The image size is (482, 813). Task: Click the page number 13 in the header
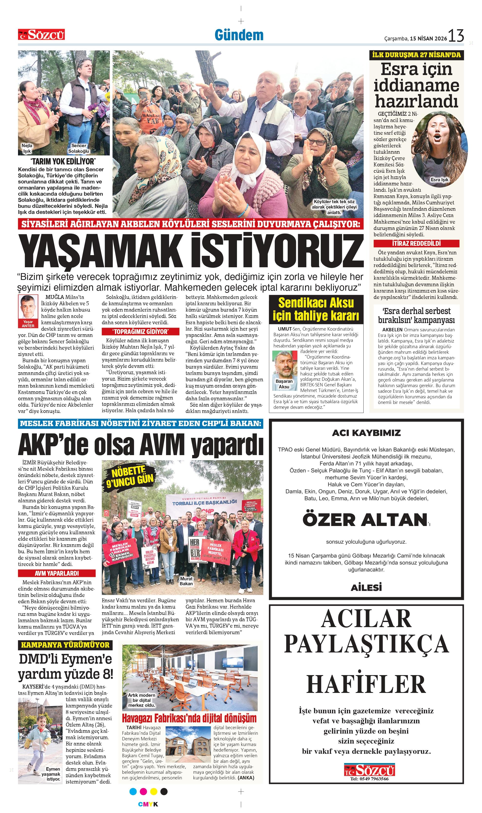456,36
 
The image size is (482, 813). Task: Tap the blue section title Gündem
239,35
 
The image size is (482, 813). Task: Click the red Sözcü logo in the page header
41,34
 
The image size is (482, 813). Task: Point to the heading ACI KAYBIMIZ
366,433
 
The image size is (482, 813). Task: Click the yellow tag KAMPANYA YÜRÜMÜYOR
65,645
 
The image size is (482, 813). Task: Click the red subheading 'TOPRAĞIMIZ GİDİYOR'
140,332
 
